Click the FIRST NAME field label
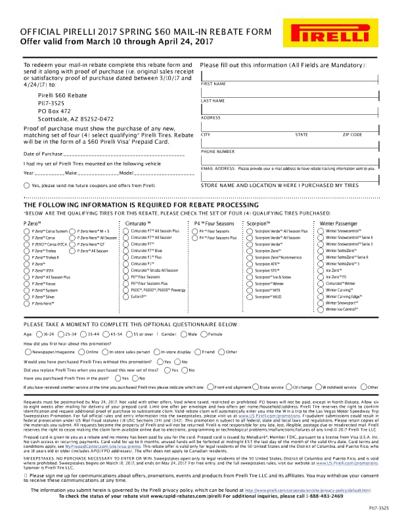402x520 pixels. [x=213, y=84]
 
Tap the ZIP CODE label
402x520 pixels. [x=352, y=135]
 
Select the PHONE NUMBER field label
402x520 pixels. [x=217, y=152]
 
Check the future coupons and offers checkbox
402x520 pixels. [x=26, y=186]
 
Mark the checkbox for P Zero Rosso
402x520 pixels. [x=27, y=283]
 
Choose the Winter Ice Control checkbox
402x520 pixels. [x=321, y=309]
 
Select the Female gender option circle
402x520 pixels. [x=204, y=334]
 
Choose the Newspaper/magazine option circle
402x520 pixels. [x=27, y=352]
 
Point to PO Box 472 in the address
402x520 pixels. [x=54, y=111]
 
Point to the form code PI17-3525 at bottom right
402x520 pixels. [x=378, y=508]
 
